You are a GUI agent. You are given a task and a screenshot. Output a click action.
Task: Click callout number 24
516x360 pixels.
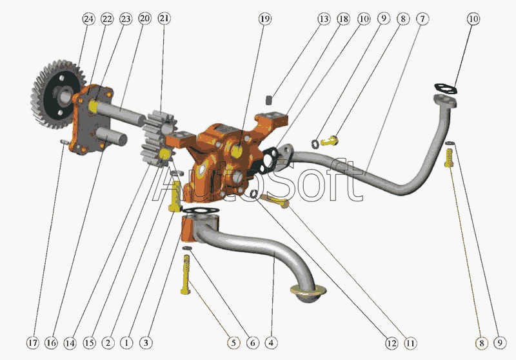[x=88, y=19]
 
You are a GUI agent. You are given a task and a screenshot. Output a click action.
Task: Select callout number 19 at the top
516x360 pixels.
[x=265, y=19]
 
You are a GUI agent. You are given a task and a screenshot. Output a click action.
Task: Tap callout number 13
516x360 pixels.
[x=324, y=19]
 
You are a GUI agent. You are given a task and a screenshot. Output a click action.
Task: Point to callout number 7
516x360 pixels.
[x=422, y=19]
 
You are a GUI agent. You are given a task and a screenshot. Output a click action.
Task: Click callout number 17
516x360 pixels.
[x=33, y=343]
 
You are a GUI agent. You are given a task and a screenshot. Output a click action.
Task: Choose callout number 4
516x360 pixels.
[x=271, y=343]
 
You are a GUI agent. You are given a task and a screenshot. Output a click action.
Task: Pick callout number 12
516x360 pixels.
[x=392, y=343]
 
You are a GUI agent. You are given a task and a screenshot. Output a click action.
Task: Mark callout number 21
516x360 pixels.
[x=164, y=19]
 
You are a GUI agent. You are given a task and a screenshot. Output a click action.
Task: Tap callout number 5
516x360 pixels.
[x=233, y=343]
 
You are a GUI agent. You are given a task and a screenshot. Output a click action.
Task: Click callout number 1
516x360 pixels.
[x=126, y=343]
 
